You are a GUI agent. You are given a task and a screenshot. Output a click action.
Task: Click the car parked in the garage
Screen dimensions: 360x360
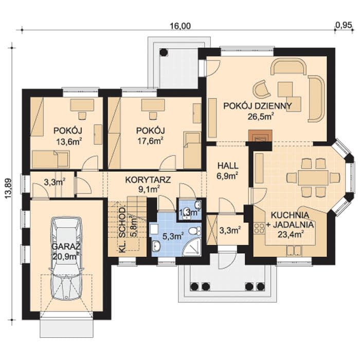(x=66, y=258)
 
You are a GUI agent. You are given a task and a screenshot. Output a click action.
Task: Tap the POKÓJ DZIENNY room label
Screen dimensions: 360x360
(x=258, y=106)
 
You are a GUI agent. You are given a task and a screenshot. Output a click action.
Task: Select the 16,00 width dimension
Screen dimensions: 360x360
(x=180, y=26)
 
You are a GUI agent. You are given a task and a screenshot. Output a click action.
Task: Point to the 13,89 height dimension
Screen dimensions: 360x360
(x=8, y=188)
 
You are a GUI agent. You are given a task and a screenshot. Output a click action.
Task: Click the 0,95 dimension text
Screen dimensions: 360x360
(x=344, y=25)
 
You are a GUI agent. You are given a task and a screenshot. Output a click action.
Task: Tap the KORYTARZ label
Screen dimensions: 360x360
(x=148, y=180)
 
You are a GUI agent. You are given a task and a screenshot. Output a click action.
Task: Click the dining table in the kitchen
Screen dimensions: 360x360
(x=313, y=177)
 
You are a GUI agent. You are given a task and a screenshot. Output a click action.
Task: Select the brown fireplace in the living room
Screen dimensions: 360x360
(x=260, y=135)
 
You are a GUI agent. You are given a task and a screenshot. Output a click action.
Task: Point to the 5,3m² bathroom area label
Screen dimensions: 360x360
(x=173, y=236)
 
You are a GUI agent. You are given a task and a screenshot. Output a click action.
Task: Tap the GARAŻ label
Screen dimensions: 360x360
(x=66, y=247)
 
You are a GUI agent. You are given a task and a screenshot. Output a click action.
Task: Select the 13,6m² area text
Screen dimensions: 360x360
(x=69, y=141)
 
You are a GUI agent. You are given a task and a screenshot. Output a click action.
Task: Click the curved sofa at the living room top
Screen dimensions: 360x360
(x=289, y=66)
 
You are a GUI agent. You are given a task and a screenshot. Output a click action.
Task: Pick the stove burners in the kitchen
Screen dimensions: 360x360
(x=259, y=228)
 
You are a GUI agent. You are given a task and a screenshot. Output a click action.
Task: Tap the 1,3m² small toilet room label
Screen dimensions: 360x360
(x=189, y=212)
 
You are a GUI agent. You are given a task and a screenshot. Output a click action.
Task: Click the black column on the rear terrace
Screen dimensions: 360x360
(x=164, y=52)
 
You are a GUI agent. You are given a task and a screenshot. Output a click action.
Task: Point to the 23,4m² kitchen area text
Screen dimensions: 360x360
(x=291, y=234)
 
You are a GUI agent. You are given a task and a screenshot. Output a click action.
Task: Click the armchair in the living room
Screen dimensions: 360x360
(x=261, y=89)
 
